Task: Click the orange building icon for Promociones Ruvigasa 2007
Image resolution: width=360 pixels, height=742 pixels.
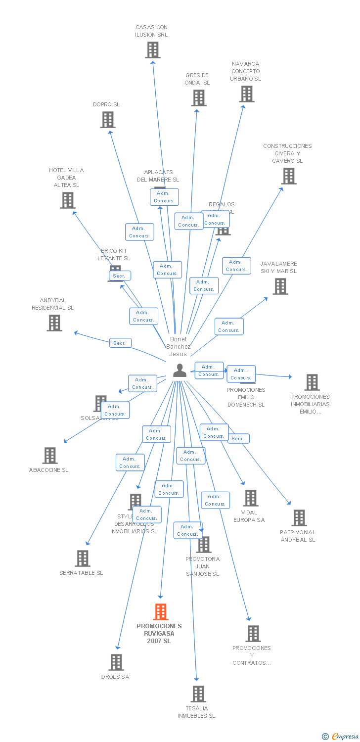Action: [160, 612]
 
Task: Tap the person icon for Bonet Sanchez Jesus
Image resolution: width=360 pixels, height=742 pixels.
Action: [180, 370]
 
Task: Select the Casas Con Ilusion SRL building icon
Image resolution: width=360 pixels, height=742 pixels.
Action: [153, 50]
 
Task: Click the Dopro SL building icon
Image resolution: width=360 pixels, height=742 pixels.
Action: [108, 120]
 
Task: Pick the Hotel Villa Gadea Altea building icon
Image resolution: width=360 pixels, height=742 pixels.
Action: [68, 200]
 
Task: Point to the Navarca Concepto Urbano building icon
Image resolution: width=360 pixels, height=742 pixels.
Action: [246, 94]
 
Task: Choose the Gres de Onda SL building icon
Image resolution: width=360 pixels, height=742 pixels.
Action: [199, 98]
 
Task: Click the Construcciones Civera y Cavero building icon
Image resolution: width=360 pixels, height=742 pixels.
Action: [289, 176]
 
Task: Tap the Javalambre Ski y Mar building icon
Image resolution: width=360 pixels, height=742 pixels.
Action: [280, 286]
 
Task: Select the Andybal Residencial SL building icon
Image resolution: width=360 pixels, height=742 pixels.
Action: [54, 323]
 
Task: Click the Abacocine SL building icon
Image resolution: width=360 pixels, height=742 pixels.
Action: [50, 456]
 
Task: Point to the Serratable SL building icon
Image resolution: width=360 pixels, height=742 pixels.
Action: [83, 558]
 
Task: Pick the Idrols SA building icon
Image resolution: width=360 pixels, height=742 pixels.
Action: [116, 662]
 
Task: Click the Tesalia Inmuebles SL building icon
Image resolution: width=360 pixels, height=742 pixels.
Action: [198, 694]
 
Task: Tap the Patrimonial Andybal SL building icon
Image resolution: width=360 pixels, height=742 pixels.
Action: [299, 518]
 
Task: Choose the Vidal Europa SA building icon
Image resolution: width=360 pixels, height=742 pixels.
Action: [251, 498]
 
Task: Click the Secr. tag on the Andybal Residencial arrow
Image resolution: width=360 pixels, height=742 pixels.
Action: [120, 343]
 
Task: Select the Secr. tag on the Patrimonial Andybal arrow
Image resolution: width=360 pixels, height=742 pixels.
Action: [238, 439]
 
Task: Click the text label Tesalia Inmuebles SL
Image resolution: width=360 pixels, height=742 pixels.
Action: [197, 712]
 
